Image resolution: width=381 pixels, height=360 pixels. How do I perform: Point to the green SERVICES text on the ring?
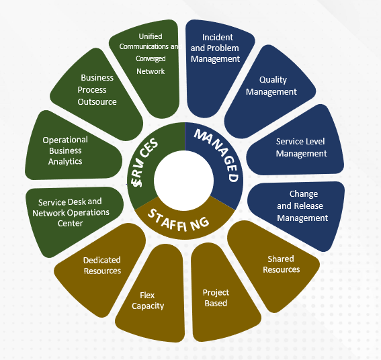click(144, 163)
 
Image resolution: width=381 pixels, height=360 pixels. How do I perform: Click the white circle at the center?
click(183, 181)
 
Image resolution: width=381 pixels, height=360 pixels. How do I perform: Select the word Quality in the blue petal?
click(273, 80)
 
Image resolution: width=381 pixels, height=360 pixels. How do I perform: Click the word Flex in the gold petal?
click(147, 295)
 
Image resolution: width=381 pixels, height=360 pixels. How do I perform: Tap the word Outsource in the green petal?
click(97, 102)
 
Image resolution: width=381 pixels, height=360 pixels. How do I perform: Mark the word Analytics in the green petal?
click(65, 162)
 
